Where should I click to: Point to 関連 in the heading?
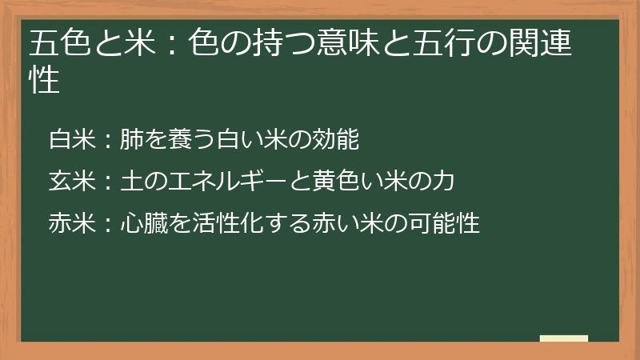coord(551,44)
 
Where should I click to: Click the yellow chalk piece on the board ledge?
coord(563,338)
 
